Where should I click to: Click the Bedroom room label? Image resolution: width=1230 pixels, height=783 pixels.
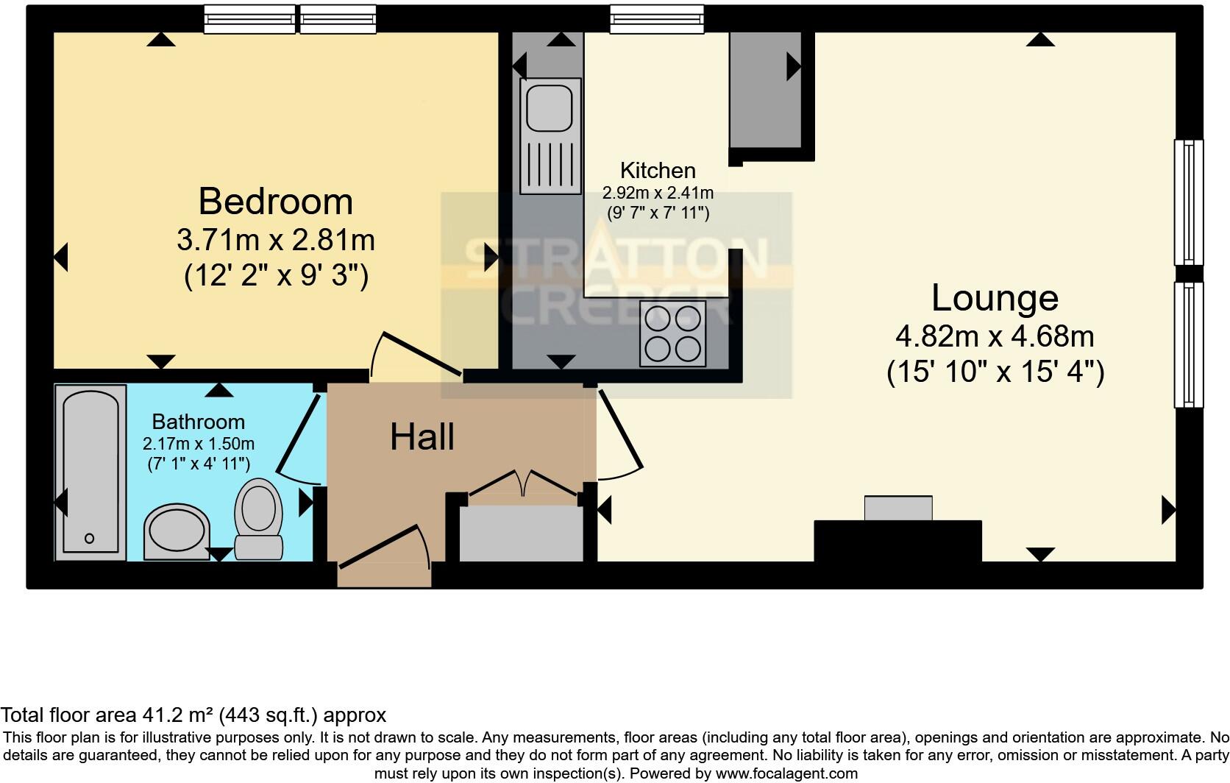275,202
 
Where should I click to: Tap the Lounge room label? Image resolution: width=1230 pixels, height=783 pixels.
995,298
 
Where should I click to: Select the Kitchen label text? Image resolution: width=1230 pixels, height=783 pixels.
657,171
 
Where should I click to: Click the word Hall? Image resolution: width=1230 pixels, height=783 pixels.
422,437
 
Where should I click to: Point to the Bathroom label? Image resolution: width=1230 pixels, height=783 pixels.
198,422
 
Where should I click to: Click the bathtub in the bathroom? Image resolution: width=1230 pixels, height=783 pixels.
90,471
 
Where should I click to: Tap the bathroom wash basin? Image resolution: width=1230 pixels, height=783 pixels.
177,531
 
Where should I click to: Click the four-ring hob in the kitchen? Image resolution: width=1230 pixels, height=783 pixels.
672,333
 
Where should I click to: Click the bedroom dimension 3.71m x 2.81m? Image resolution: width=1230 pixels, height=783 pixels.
275,240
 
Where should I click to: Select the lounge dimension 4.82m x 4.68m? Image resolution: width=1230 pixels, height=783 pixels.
995,337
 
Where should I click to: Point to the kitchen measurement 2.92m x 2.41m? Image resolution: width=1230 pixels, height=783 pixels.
658,194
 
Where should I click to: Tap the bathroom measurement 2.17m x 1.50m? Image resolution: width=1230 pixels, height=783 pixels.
198,444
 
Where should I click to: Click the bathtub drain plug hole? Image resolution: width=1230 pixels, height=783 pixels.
90,539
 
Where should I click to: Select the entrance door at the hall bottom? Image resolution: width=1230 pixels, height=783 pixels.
383,548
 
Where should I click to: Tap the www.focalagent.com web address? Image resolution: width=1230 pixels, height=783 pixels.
786,773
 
